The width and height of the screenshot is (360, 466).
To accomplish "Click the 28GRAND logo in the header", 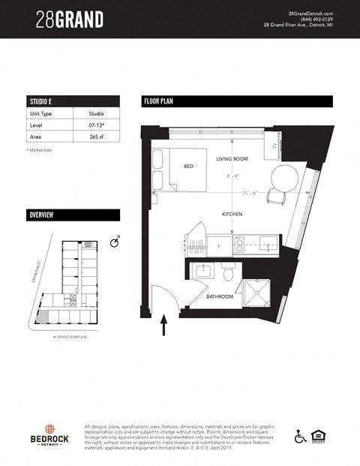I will click(69, 20).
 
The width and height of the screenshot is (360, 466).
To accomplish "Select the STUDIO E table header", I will click(72, 101).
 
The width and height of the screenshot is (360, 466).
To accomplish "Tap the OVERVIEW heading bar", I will click(72, 215).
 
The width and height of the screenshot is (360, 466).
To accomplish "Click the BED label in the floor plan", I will click(188, 167).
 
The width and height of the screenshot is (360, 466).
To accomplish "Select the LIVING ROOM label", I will click(232, 159).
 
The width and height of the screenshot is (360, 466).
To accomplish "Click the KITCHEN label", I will click(232, 215).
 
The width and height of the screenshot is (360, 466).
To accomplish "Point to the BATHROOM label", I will click(220, 296).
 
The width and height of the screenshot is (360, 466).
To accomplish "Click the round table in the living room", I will click(285, 179).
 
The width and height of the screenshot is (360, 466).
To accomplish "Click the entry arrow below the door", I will click(164, 324).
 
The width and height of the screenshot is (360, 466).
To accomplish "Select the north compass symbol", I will click(114, 242).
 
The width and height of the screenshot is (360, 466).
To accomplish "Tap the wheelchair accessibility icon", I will click(300, 435).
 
